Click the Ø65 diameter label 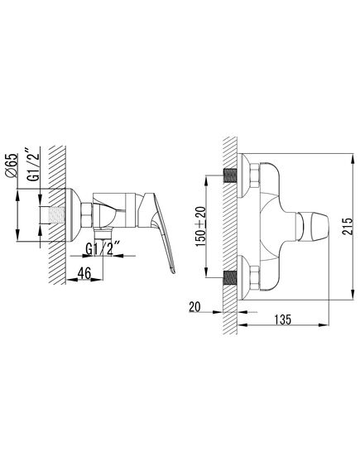tap(12, 166)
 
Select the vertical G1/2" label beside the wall tap(33, 164)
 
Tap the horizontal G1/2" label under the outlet tap(100, 249)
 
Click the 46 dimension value tap(84, 273)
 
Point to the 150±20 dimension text tap(201, 227)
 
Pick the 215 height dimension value tap(348, 227)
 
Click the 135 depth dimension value tap(282, 319)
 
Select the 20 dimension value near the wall tap(194, 307)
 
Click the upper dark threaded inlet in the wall tap(230, 175)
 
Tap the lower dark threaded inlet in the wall tap(230, 277)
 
